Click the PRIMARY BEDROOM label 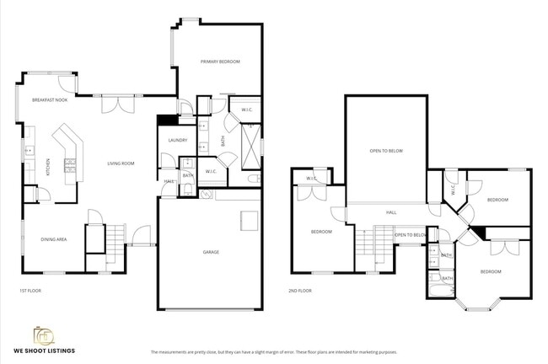click(x=220, y=62)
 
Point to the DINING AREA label click(x=54, y=239)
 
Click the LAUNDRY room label click(x=177, y=140)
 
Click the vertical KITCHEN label click(x=49, y=167)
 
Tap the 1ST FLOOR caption click(x=30, y=291)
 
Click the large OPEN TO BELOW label click(x=386, y=151)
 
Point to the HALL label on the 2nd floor click(x=391, y=212)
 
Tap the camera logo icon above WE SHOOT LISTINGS click(x=44, y=335)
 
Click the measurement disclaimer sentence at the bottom click(x=273, y=352)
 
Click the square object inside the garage click(x=249, y=221)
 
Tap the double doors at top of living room click(x=118, y=104)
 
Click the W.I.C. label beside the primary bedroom click(x=247, y=109)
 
